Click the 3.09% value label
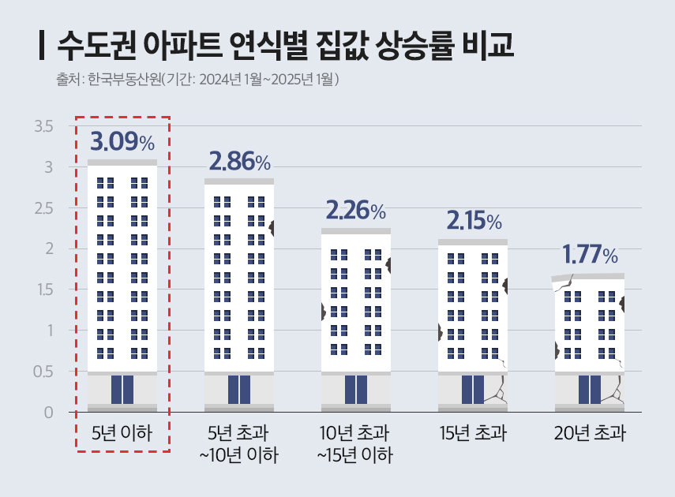click(122, 142)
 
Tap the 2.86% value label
click(239, 162)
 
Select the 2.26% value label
click(355, 211)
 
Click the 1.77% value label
click(590, 255)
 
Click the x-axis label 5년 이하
click(122, 433)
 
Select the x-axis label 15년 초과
click(473, 433)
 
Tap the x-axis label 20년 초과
click(590, 433)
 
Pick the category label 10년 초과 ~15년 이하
click(355, 444)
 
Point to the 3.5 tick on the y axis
click(43, 126)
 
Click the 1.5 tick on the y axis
click(43, 290)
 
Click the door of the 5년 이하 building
click(122, 390)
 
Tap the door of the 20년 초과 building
click(590, 390)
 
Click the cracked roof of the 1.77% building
click(588, 277)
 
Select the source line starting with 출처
click(198, 80)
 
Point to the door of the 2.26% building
click(356, 390)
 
